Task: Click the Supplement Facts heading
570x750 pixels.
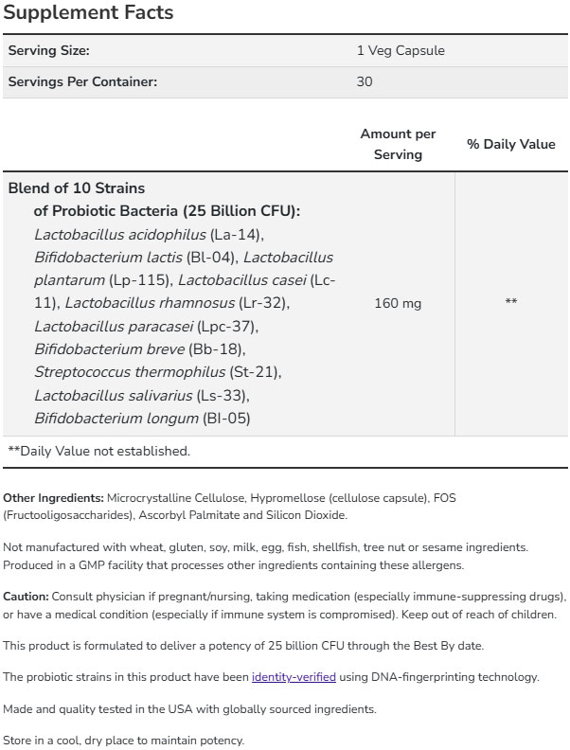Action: [x=89, y=13]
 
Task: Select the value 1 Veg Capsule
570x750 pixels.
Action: [x=401, y=51]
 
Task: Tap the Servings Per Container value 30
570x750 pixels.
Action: [x=365, y=81]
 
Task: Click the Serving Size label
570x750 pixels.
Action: [x=49, y=51]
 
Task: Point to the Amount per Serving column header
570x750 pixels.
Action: [x=398, y=144]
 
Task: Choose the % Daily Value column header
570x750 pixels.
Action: [x=511, y=144]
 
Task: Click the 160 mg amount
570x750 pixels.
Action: [x=398, y=303]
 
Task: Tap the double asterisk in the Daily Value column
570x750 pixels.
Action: [x=511, y=303]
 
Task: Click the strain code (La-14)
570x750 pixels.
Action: [x=236, y=234]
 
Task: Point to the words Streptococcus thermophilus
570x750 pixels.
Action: [x=130, y=372]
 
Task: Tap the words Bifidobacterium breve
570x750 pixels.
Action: [x=109, y=349]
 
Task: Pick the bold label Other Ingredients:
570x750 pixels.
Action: [x=53, y=497]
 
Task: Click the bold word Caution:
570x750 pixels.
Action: [x=26, y=597]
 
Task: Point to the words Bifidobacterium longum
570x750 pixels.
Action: [x=116, y=418]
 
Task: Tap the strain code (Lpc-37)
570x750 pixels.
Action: [x=227, y=326]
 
